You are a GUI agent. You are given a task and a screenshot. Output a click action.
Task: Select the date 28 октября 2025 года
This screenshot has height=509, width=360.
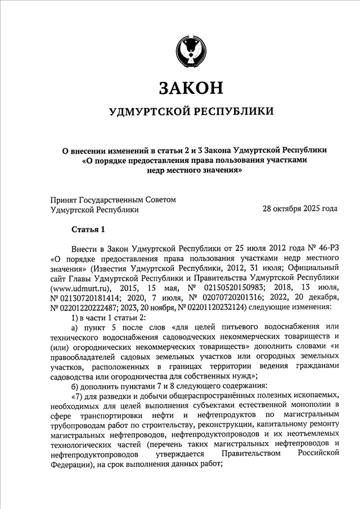(x=300, y=209)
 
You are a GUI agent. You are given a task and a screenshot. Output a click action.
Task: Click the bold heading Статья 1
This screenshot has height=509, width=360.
(x=88, y=229)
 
